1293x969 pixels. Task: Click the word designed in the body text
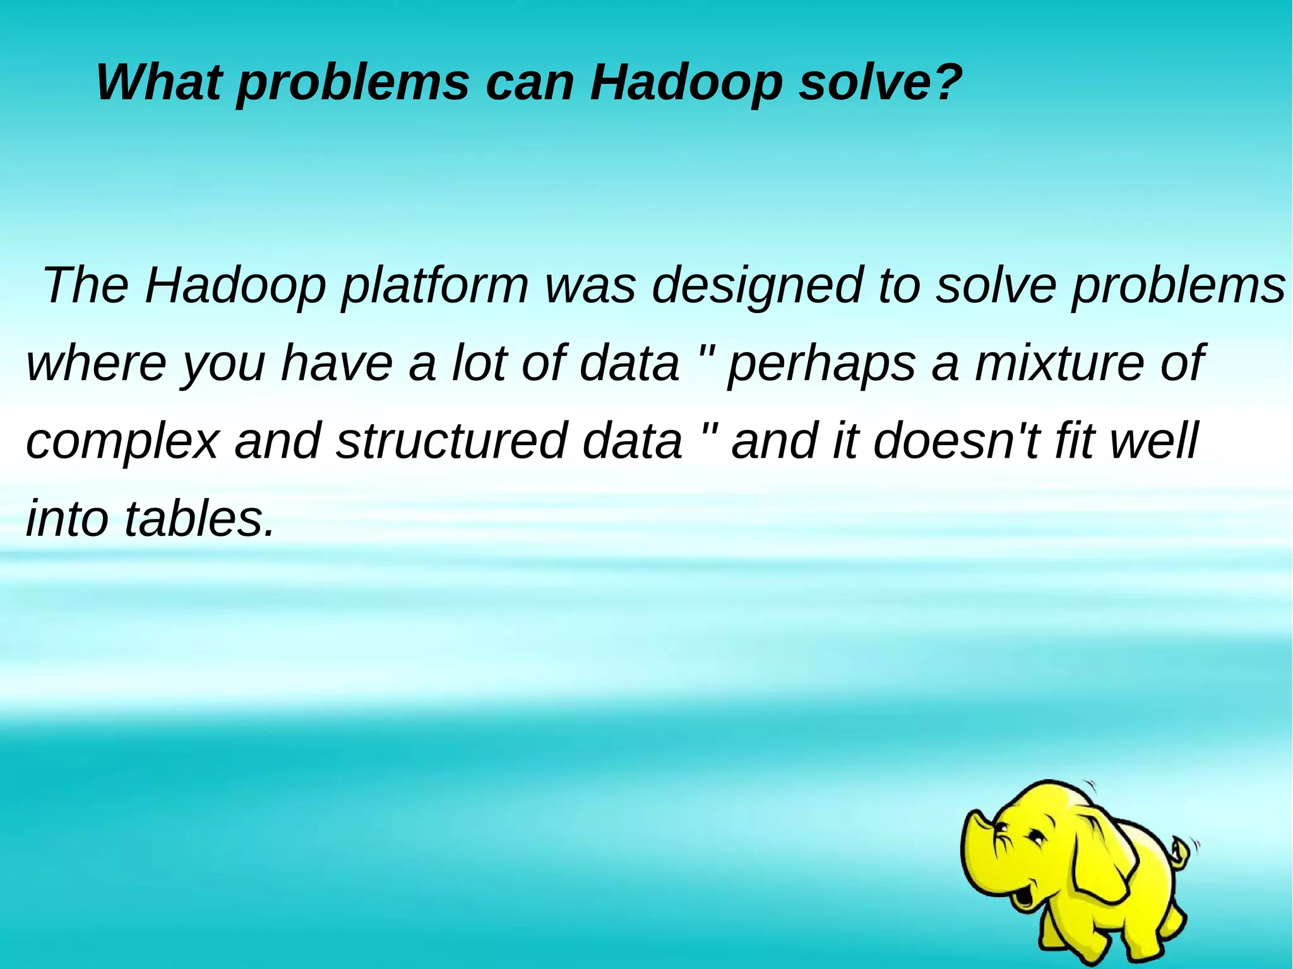pos(756,285)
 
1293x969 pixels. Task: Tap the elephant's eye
pos(1037,838)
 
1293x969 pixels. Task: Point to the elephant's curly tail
pos(1179,849)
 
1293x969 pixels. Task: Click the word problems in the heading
pos(353,83)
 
